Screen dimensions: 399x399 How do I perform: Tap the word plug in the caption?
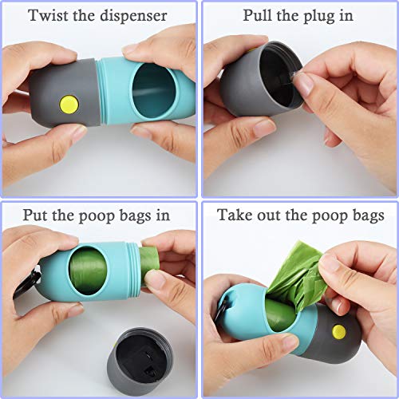click(x=329, y=15)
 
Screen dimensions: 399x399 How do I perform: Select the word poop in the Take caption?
click(x=319, y=215)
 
